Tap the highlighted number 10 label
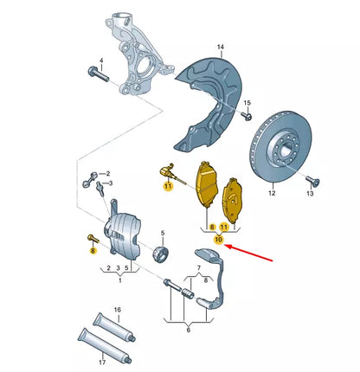[x=218, y=239]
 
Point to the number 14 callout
[x=220, y=46]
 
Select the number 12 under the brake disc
[x=271, y=194]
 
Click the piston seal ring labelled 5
[x=161, y=254]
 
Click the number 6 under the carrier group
[x=188, y=343]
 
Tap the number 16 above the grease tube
[x=118, y=309]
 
